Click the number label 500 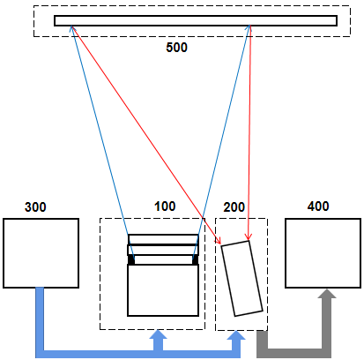176,48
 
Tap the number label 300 35,207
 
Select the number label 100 165,206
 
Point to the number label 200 234,207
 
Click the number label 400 318,206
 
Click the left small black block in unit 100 131,259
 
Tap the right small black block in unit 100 195,259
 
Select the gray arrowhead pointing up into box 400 327,294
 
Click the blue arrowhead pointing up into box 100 158,334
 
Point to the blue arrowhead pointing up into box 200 236,335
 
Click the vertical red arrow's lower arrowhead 249,237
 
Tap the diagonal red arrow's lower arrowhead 218,240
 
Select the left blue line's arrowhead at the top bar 71,28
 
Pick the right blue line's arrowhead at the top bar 249,28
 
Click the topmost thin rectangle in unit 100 163,239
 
